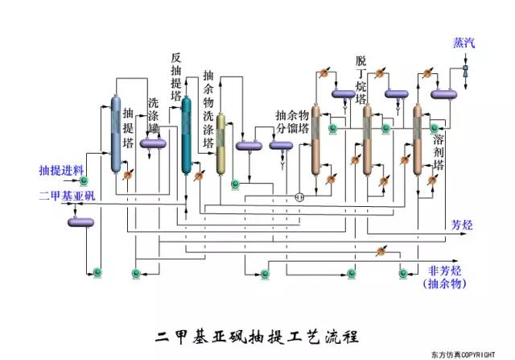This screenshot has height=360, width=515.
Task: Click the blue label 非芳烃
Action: [443, 271]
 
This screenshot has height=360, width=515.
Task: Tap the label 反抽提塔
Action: [176, 77]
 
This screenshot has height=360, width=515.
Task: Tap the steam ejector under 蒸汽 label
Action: [464, 71]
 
